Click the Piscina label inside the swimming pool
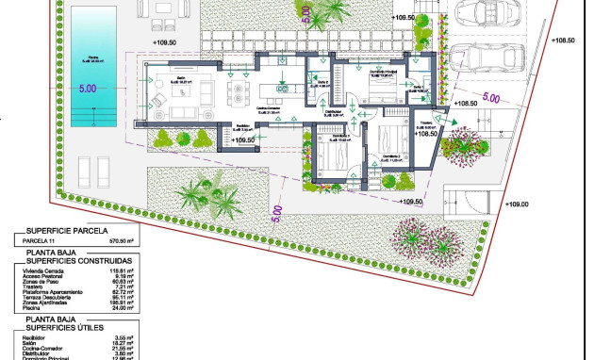tap(92, 58)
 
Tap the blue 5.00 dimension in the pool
tap(88, 89)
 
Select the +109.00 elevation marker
tap(518, 204)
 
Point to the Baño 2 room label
tap(322, 83)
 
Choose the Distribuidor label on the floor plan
tap(334, 111)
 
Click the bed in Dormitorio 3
tap(327, 157)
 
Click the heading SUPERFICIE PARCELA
tap(67, 230)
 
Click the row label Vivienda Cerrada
tap(43, 270)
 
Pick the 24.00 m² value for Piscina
tap(120, 309)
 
